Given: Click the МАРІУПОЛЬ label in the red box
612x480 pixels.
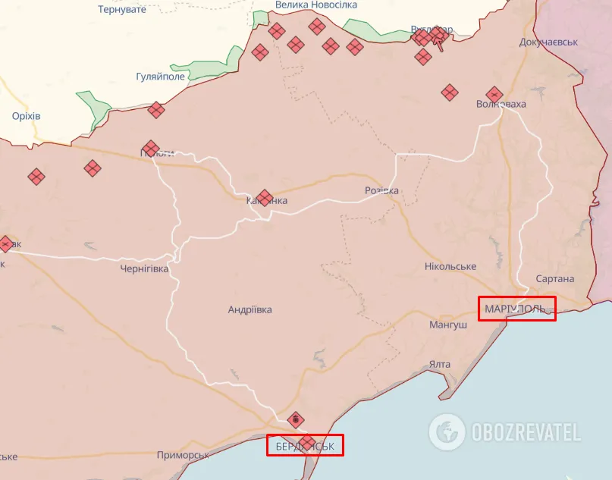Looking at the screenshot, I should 516,309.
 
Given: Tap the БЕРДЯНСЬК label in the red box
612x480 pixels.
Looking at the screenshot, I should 305,445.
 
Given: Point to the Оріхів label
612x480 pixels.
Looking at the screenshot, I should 26,116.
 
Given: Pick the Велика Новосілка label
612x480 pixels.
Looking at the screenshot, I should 315,5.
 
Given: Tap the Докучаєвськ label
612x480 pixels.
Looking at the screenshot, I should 548,42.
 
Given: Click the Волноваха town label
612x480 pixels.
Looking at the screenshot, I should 501,104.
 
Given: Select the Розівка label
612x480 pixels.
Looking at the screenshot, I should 381,190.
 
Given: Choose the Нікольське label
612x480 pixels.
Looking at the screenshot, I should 450,266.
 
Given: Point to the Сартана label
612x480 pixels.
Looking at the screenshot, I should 554,279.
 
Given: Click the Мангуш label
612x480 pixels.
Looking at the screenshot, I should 448,325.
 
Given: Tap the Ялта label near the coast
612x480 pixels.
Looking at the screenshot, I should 439,364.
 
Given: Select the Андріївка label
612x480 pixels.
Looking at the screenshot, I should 250,309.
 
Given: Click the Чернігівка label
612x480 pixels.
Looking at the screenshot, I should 144,268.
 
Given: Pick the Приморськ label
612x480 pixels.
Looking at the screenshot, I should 183,455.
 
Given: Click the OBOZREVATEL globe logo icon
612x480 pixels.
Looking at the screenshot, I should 447,432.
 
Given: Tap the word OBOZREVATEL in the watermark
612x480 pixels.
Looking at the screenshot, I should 526,433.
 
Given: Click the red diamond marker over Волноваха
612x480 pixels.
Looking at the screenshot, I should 494,95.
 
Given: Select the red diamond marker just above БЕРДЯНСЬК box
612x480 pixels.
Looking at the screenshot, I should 297,419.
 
